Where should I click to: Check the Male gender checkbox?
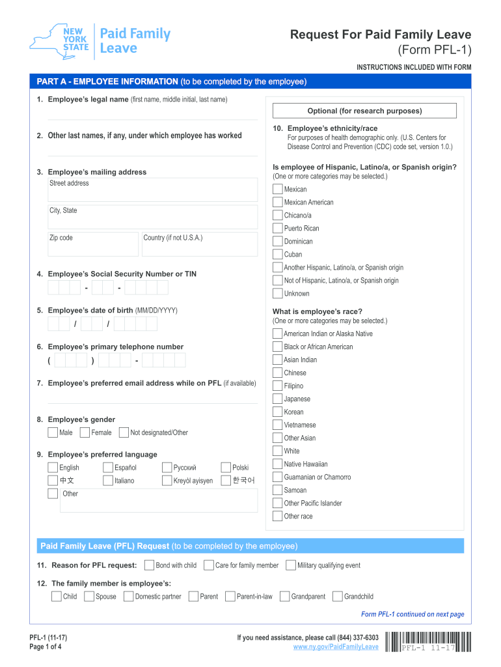click(52, 433)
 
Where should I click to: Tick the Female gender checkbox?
click(85, 433)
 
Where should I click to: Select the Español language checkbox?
click(108, 467)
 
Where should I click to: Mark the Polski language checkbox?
click(226, 467)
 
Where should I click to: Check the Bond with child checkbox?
click(149, 565)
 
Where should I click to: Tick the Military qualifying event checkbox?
click(291, 565)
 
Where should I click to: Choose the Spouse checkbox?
click(89, 596)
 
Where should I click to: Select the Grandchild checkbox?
click(337, 596)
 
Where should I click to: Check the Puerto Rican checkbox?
click(278, 228)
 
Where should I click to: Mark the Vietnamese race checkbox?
click(278, 425)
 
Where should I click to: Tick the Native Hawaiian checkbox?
click(278, 464)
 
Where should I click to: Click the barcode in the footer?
click(427, 642)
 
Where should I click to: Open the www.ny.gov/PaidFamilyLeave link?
click(336, 647)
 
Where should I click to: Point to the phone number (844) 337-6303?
click(354, 637)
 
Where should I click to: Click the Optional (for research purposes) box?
click(364, 111)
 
